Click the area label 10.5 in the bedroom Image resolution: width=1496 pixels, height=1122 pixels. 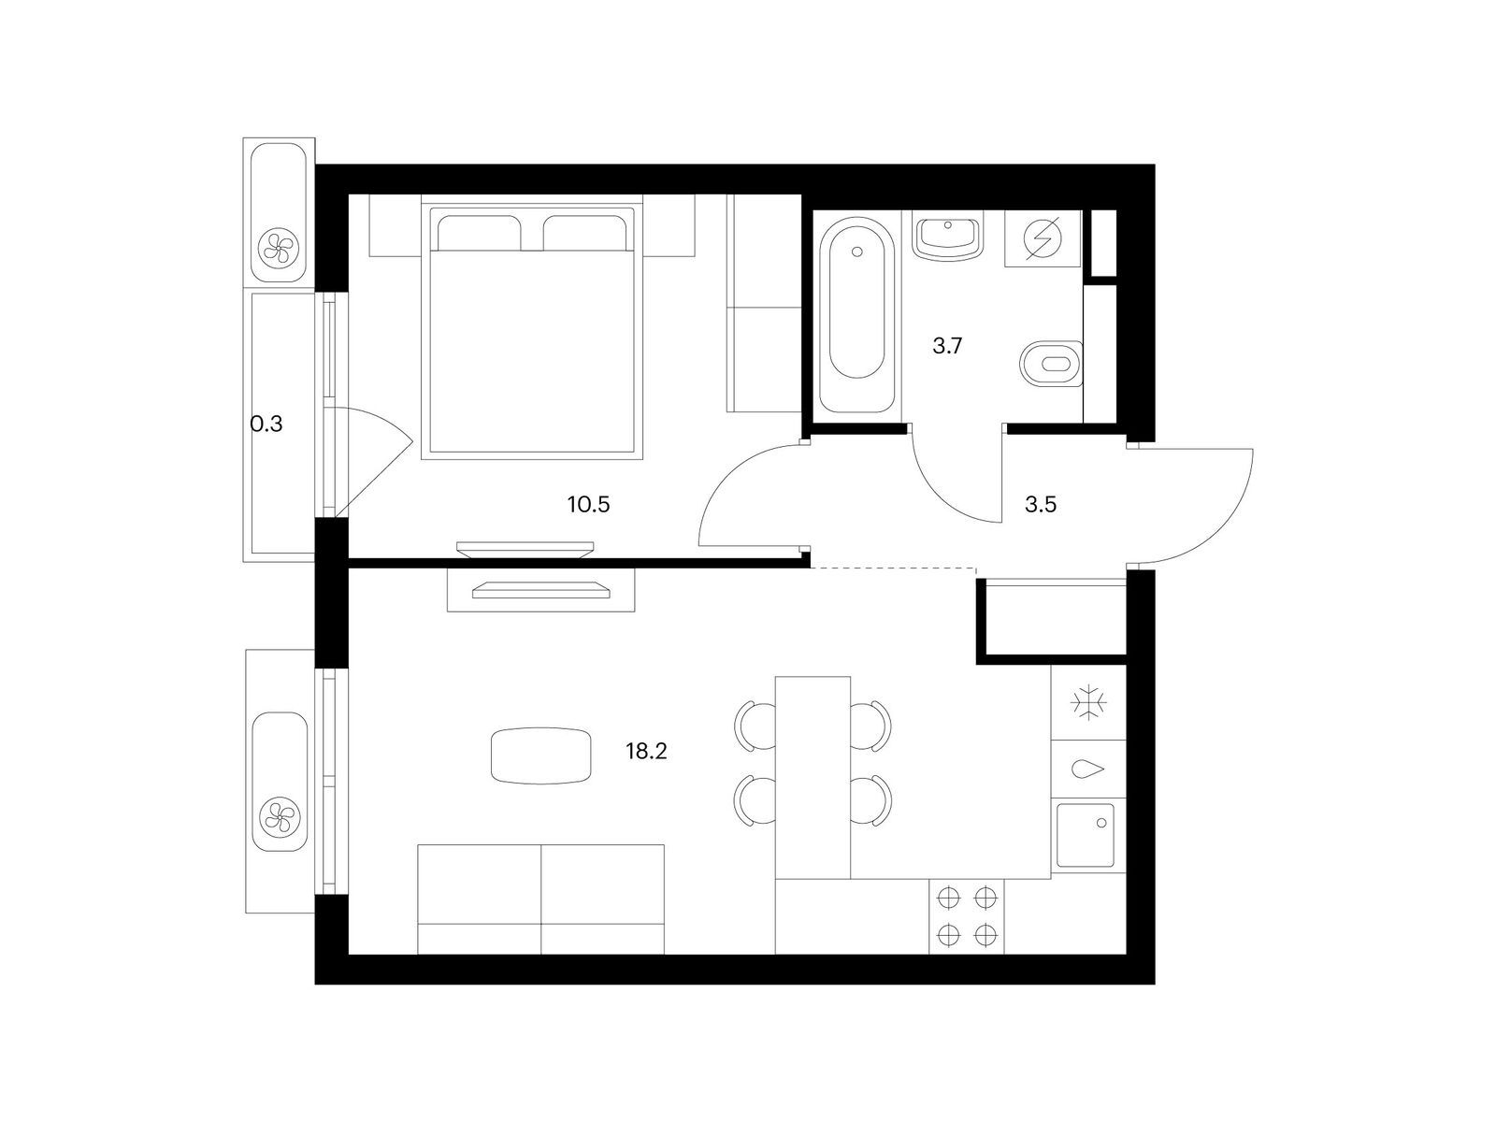[588, 505]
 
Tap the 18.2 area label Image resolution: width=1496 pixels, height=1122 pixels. [646, 752]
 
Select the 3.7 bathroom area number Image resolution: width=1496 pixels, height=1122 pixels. [947, 347]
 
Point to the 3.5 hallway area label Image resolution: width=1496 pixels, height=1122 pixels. [1041, 505]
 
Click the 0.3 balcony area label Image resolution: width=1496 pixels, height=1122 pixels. [266, 424]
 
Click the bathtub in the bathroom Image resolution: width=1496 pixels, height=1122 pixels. [857, 315]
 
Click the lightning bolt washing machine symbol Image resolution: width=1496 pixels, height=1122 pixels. [1043, 238]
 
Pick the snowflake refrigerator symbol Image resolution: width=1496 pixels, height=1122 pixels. [1088, 702]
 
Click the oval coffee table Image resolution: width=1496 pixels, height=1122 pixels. [541, 755]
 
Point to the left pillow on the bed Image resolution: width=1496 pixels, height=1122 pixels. [479, 233]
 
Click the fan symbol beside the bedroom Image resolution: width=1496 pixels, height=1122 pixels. [279, 249]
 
